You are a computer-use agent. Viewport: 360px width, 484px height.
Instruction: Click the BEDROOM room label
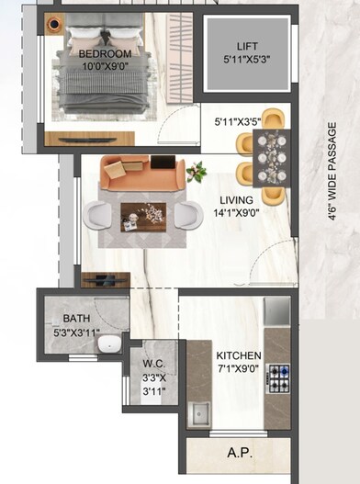tap(105, 54)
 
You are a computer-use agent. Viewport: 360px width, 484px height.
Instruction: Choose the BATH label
tap(76, 319)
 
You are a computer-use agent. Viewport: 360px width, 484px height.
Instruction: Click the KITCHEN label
tap(239, 355)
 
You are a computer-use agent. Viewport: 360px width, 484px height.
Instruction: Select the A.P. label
tap(241, 454)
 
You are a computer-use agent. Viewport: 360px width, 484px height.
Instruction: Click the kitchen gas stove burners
tap(276, 377)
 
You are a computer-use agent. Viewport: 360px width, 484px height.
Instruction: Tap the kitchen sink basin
tap(199, 413)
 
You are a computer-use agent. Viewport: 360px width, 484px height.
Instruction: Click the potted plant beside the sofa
tap(196, 172)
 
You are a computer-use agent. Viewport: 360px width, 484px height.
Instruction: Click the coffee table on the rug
tap(143, 216)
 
